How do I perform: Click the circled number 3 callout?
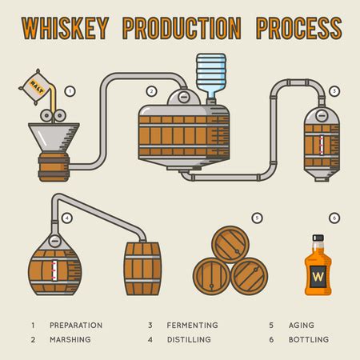point(334,90)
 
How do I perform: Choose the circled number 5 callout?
point(257,217)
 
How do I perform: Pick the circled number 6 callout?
point(334,217)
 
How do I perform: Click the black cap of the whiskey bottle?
point(318,238)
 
